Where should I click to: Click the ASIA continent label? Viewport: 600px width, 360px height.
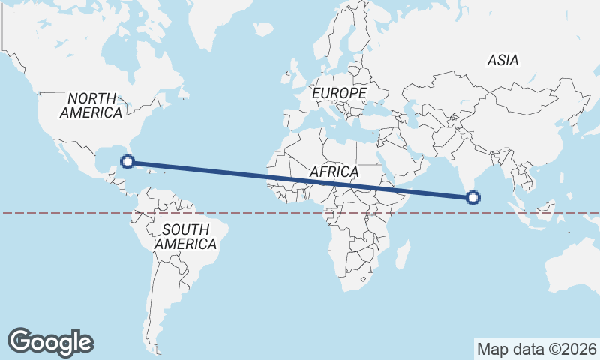click(x=502, y=60)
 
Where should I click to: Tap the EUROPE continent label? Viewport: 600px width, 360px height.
click(x=339, y=93)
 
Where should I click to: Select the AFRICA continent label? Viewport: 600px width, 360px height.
click(x=334, y=172)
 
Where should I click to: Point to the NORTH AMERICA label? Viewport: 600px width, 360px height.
click(x=91, y=105)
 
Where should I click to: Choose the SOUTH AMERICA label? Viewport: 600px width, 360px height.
click(x=185, y=236)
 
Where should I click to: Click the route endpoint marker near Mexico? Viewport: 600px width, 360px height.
click(x=127, y=161)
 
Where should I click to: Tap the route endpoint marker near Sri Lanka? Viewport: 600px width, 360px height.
click(x=472, y=198)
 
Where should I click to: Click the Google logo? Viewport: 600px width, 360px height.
click(x=51, y=341)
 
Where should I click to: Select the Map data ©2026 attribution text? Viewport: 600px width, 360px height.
click(x=537, y=349)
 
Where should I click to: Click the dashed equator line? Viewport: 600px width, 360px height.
click(x=75, y=213)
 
